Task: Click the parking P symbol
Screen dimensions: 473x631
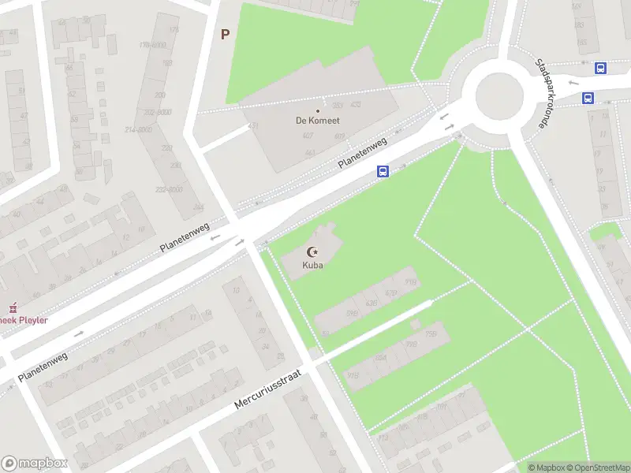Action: [x=225, y=35]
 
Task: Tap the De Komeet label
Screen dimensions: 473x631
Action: [x=318, y=121]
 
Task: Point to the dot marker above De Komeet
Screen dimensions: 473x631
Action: [x=318, y=110]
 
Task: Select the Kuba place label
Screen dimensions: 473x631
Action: [x=312, y=265]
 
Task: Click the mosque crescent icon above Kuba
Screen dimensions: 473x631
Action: [x=312, y=251]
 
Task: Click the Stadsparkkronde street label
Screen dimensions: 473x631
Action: [x=543, y=94]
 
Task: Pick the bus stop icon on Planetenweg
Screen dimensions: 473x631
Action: [x=383, y=171]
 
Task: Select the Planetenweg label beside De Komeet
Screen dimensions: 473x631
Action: [x=362, y=152]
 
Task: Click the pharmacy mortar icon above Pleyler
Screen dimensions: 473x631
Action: [x=12, y=307]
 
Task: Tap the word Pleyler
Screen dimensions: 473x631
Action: [x=32, y=320]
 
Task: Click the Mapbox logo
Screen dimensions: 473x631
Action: [x=35, y=464]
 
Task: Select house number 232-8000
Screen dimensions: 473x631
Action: [x=169, y=190]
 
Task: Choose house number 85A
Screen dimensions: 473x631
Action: [x=380, y=358]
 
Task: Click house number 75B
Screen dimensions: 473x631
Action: [x=431, y=334]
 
